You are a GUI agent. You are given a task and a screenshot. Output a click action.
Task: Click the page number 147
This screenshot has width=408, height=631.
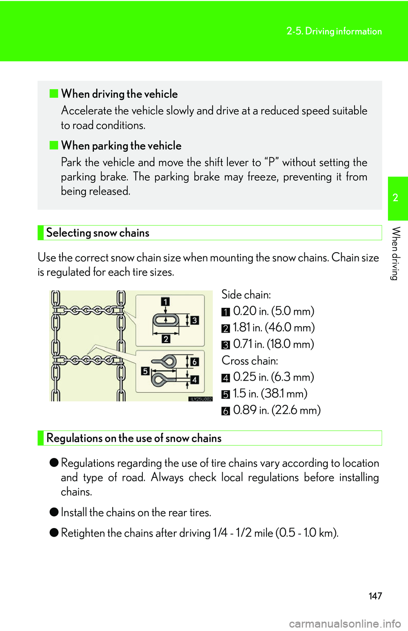(375, 596)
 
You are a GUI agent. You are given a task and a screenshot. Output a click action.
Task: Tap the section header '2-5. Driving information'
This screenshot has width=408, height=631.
(334, 31)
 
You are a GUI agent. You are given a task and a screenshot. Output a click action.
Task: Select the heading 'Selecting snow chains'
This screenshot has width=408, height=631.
(98, 233)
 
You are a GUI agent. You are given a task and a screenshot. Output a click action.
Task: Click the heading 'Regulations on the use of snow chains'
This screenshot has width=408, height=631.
(134, 438)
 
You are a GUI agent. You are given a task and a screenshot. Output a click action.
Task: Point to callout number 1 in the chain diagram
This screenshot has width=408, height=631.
(165, 301)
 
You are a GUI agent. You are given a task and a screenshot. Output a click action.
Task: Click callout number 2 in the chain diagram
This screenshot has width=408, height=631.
(166, 339)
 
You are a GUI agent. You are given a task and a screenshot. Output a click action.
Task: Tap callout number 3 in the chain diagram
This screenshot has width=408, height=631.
(195, 320)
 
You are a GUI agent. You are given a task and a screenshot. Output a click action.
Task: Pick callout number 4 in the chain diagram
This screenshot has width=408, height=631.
(195, 380)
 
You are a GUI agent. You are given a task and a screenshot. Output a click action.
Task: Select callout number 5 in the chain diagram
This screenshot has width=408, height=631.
(145, 371)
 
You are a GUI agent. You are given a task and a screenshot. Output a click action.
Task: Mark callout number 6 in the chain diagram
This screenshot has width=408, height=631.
(195, 362)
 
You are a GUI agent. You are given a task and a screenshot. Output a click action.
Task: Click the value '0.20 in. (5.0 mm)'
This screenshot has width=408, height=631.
(273, 311)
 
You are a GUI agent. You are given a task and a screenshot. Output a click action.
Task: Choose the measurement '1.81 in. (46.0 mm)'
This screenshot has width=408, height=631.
(273, 327)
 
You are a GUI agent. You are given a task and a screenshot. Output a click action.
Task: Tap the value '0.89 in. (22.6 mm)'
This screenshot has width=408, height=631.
(277, 410)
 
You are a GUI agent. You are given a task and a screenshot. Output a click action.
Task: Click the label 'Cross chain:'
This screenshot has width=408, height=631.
(250, 361)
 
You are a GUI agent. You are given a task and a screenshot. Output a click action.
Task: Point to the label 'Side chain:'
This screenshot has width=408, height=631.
(246, 295)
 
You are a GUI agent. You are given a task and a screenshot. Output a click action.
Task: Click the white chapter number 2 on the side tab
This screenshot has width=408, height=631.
(396, 198)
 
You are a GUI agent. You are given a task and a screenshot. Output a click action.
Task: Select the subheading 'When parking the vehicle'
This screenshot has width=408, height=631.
(121, 146)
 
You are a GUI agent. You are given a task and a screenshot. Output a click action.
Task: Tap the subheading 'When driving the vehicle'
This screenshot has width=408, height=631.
(119, 94)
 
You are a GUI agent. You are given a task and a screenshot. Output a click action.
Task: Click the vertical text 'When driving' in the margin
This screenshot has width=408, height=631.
(396, 253)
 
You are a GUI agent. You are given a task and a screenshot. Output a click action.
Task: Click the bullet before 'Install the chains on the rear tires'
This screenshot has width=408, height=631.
(54, 512)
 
